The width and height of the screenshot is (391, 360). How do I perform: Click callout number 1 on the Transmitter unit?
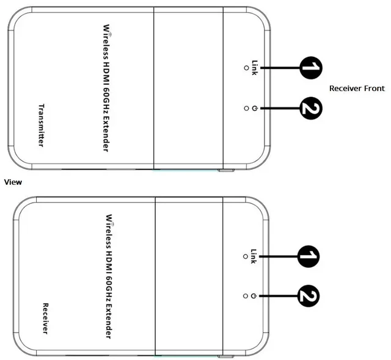tap(311, 68)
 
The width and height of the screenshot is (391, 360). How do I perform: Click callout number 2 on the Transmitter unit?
tap(311, 108)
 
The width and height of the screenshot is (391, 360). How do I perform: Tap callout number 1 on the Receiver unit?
tap(309, 256)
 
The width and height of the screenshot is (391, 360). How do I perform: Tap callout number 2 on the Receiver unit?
tap(309, 296)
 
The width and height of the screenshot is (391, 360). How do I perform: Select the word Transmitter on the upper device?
tap(41, 125)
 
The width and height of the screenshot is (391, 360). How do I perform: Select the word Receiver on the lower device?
tap(45, 319)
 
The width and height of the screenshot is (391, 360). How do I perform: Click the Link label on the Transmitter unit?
tap(254, 68)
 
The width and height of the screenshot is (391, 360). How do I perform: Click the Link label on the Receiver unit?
tap(253, 256)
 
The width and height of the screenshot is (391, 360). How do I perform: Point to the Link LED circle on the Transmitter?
tap(246, 68)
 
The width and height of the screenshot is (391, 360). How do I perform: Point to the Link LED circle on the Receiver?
tap(246, 256)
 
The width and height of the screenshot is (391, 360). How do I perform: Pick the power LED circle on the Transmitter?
tap(246, 108)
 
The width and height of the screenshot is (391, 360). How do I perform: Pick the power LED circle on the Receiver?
tap(246, 296)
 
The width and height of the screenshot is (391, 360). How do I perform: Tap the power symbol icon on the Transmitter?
tap(254, 108)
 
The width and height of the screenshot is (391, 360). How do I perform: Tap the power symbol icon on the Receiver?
tap(254, 296)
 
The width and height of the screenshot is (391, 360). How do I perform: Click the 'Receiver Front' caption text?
tap(357, 88)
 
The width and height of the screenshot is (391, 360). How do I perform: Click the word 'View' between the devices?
tap(13, 182)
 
